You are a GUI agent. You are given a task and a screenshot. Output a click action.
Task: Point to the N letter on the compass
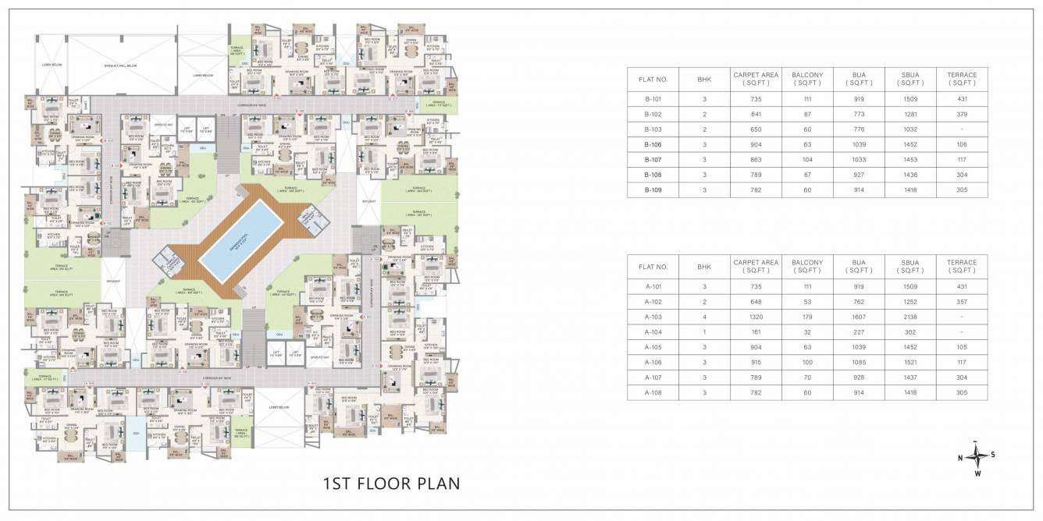(959, 458)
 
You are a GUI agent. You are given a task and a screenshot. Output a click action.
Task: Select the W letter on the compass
(977, 473)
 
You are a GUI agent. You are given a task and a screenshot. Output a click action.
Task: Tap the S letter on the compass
(993, 455)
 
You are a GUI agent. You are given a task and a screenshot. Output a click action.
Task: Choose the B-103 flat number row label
(653, 129)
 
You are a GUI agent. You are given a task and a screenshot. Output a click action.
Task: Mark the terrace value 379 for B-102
(961, 114)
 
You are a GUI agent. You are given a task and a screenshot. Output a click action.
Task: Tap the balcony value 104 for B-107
(807, 159)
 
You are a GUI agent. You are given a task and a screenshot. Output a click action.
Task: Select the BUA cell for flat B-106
(859, 144)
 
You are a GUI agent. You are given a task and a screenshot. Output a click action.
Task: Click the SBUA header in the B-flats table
(910, 79)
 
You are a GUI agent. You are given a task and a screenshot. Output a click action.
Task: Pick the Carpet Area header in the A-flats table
(756, 267)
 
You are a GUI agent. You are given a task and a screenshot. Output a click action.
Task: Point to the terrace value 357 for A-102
(961, 302)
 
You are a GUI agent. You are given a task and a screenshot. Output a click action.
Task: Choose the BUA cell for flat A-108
(859, 392)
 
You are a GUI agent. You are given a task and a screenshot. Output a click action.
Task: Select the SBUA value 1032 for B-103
(910, 129)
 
